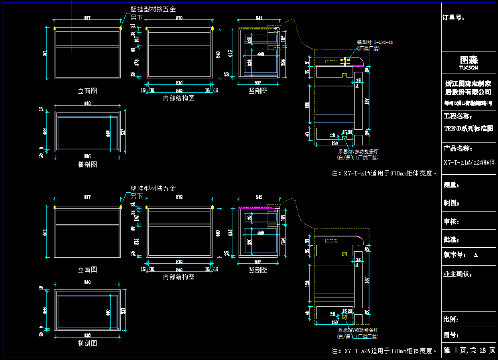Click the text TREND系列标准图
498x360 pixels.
[468, 128]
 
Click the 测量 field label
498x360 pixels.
[452, 185]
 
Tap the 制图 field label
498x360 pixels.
[452, 203]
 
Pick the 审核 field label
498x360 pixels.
[452, 222]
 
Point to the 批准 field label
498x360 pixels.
[452, 240]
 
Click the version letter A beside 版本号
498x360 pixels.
[476, 255]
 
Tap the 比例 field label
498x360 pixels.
[452, 319]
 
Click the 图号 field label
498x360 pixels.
[452, 335]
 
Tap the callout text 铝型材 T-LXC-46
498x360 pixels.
[375, 42]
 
